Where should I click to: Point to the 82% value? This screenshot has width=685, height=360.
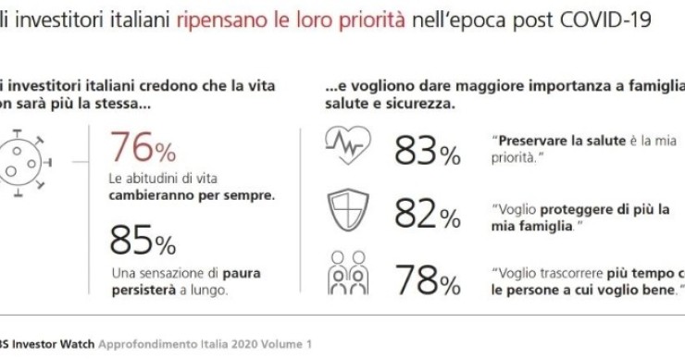pyautogui.click(x=427, y=216)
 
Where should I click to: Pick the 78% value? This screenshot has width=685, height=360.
pyautogui.click(x=427, y=279)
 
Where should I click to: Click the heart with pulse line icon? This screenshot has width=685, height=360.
pyautogui.click(x=346, y=145)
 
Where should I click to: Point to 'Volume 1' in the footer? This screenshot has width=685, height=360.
pyautogui.click(x=288, y=342)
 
